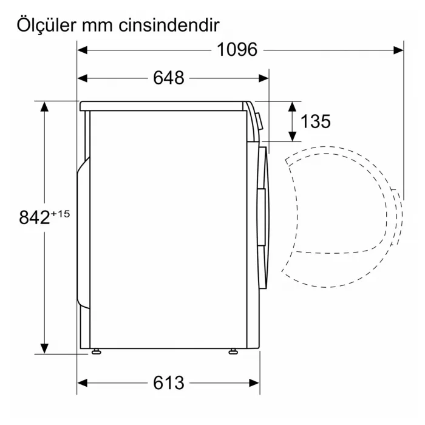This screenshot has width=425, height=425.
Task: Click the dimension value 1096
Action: click(237, 50)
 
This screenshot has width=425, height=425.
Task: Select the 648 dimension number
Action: click(168, 78)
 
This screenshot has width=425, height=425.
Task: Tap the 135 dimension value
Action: click(316, 121)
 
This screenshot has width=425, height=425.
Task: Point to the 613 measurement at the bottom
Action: click(168, 383)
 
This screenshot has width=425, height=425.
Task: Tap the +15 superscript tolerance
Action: click(61, 213)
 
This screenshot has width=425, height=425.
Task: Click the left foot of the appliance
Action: click(97, 351)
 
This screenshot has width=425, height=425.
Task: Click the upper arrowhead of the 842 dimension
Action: click(44, 106)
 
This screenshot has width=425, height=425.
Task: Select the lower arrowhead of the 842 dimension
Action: click(44, 348)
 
